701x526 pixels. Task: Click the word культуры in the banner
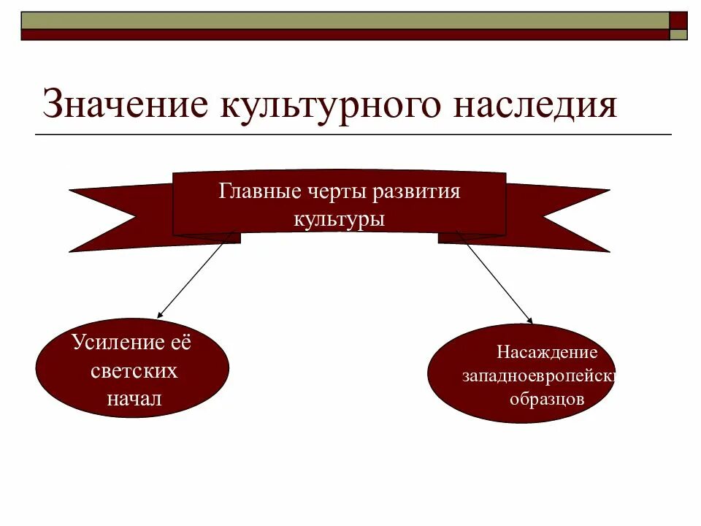point(339,218)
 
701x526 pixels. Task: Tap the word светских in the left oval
point(134,370)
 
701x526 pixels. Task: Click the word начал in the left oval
point(134,398)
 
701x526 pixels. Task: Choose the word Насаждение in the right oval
point(547,353)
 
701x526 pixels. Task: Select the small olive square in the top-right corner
point(679,34)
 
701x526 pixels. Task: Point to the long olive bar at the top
point(343,20)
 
